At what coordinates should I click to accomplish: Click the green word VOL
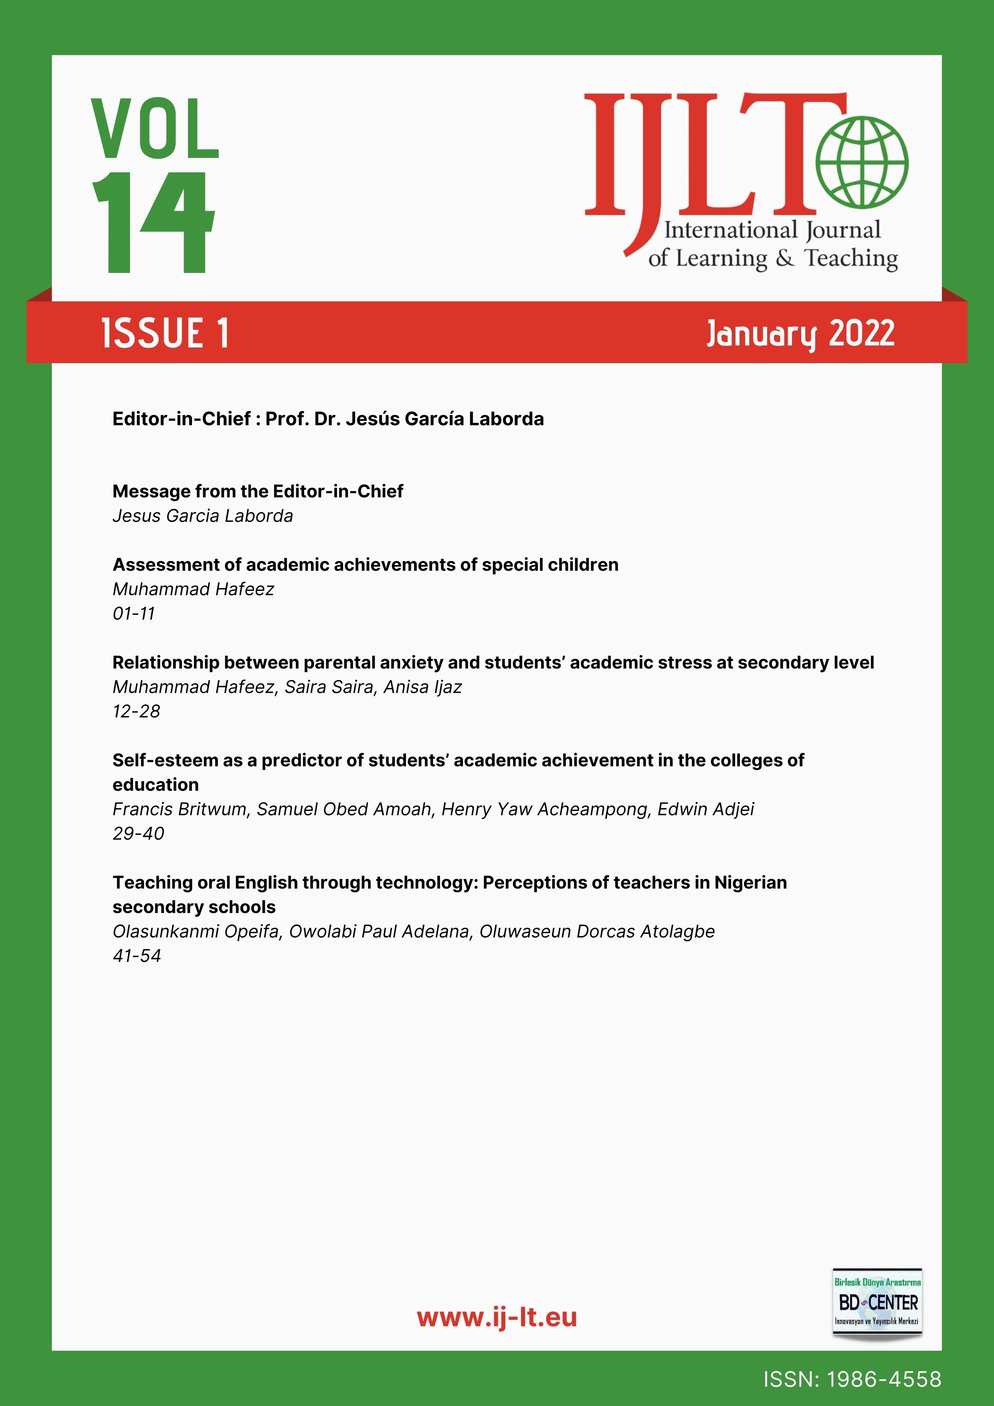[x=155, y=129]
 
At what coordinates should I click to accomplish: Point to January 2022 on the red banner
[x=800, y=334]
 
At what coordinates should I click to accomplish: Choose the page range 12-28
[x=136, y=711]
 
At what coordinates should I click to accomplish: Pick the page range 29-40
[x=138, y=833]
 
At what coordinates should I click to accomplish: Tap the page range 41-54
[x=137, y=956]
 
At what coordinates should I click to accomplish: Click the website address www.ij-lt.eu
[x=497, y=1317]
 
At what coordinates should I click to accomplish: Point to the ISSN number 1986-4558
[x=884, y=1379]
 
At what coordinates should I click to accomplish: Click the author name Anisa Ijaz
[x=422, y=687]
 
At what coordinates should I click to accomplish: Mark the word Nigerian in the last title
[x=750, y=883]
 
